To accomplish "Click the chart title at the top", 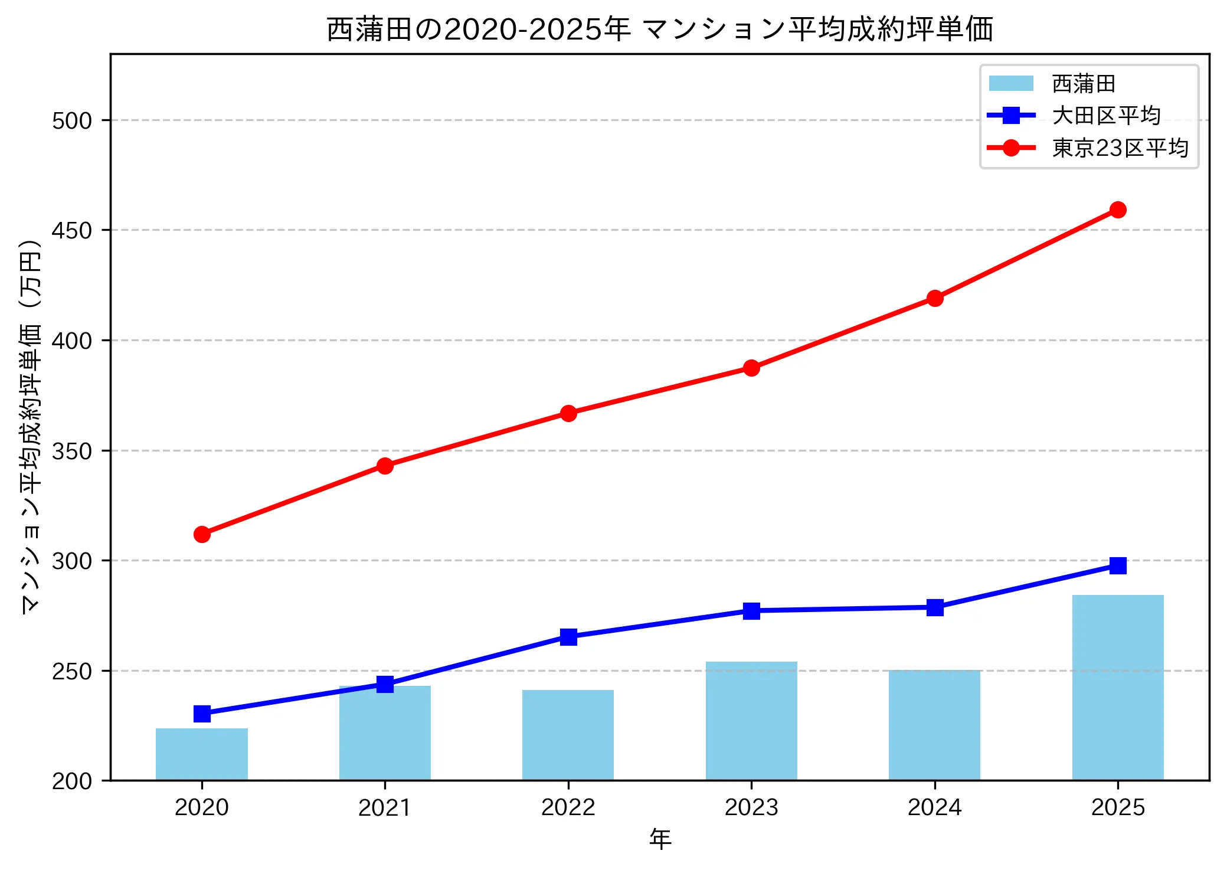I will coord(660,30).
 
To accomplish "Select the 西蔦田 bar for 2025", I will coord(1117,687).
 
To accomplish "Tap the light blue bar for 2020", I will coord(202,754).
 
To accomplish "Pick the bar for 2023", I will coord(751,721).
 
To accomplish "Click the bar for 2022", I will coord(568,735).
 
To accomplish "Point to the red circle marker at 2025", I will coord(1117,210).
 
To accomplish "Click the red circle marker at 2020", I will coord(202,534).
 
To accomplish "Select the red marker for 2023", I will coord(751,368).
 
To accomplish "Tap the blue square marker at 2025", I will coord(1117,565).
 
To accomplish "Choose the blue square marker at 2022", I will coord(568,636).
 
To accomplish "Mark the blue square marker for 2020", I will coord(202,714).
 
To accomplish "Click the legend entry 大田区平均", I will coord(1106,116).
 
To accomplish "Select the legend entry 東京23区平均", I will coord(1120,148).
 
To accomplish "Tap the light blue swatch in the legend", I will coord(1011,84).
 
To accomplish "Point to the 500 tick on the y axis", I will coord(72,120).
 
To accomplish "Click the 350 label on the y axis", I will coord(72,451).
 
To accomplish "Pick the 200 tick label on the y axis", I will coord(72,781).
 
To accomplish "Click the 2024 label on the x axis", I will coord(934,807).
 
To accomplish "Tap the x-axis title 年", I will coord(660,839).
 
